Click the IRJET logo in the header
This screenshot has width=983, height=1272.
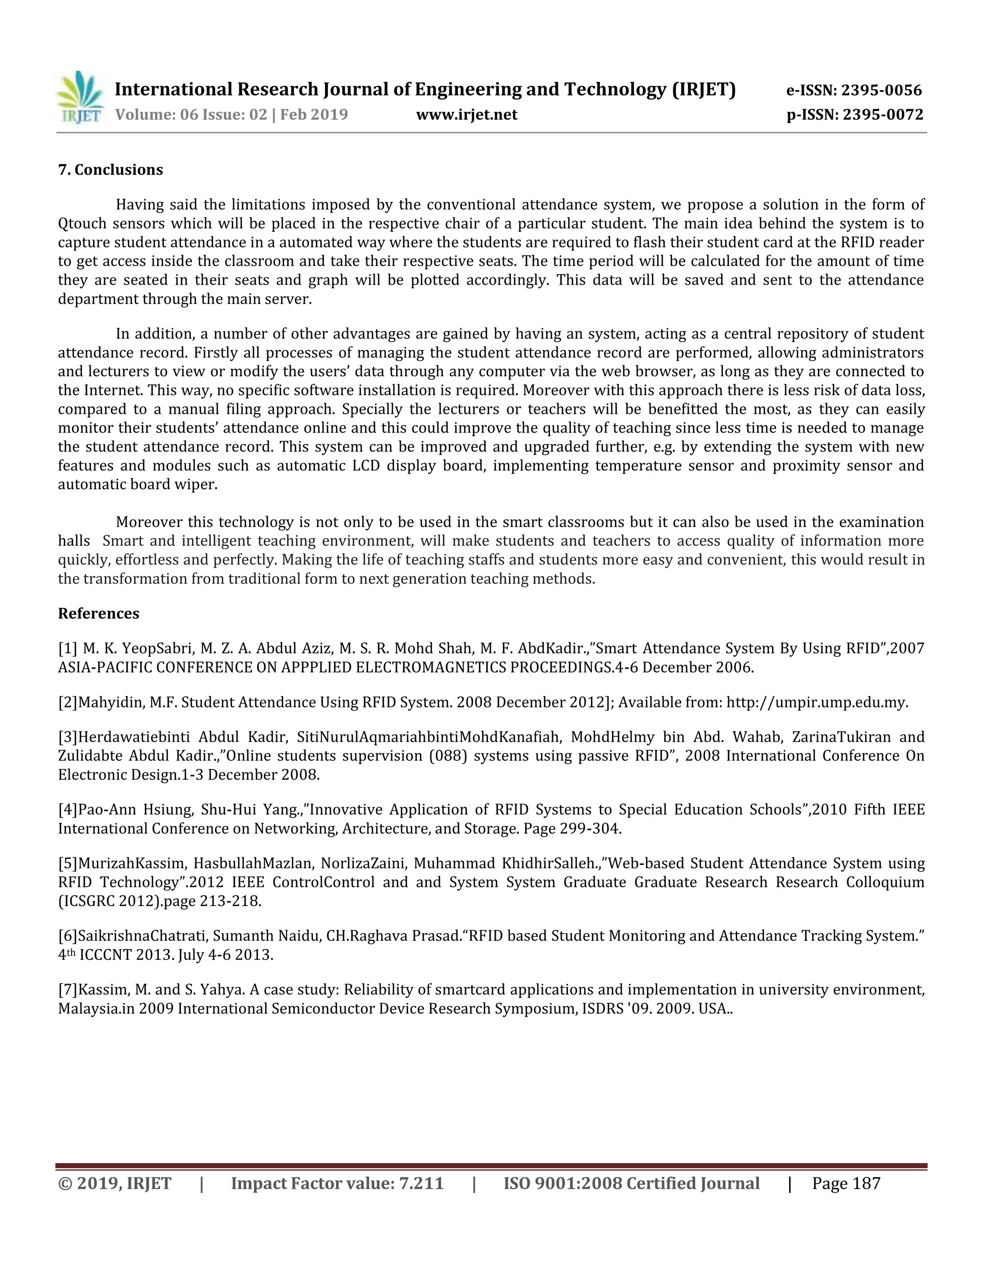[x=80, y=97]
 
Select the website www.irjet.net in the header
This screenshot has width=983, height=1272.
[x=467, y=115]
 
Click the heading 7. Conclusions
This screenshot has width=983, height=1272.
[x=111, y=170]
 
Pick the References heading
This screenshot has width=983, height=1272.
[x=98, y=614]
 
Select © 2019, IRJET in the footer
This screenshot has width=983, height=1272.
[x=115, y=1184]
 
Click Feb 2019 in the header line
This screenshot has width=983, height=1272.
[x=314, y=115]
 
